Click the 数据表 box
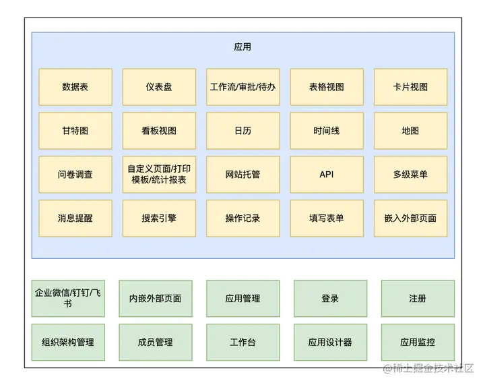[75, 87]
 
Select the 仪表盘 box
[159, 87]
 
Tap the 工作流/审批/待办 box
[243, 87]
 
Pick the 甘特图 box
[75, 131]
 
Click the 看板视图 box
[159, 131]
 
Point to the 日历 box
[243, 131]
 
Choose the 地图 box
[410, 131]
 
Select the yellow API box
[327, 174]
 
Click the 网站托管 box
[243, 174]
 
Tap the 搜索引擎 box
[159, 218]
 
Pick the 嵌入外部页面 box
[410, 218]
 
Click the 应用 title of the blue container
[243, 47]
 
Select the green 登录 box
[330, 298]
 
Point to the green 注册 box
[418, 298]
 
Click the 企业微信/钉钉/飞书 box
[68, 298]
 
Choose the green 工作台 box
[243, 342]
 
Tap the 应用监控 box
[418, 342]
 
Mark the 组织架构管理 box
[68, 342]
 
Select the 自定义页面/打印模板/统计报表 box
[159, 174]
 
